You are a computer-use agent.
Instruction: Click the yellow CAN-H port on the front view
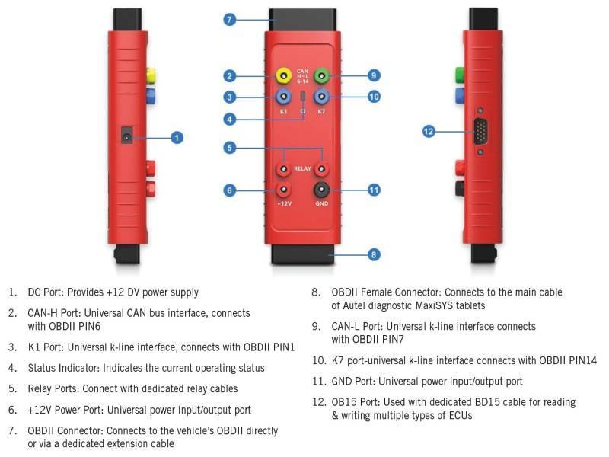(283, 75)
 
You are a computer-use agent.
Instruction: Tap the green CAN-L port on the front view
(321, 75)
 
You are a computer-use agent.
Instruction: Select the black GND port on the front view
(321, 190)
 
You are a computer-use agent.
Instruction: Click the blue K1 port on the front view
(283, 97)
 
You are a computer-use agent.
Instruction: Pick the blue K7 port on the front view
(321, 97)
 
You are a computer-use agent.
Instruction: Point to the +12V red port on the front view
(283, 190)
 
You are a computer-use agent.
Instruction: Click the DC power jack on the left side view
(127, 137)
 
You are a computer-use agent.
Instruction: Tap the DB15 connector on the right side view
(481, 132)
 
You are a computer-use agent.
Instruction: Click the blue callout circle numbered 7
(230, 20)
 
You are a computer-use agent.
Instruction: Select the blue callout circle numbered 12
(429, 131)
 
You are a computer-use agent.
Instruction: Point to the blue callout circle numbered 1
(177, 137)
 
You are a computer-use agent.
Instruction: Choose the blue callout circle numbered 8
(374, 254)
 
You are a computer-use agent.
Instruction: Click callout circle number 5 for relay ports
(230, 148)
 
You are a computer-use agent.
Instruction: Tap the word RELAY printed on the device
(302, 168)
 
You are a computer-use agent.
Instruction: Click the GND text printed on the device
(321, 203)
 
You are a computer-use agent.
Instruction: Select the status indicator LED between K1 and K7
(303, 97)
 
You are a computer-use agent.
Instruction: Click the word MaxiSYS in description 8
(441, 306)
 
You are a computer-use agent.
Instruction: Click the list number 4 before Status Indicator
(12, 368)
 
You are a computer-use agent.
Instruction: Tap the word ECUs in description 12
(461, 415)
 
